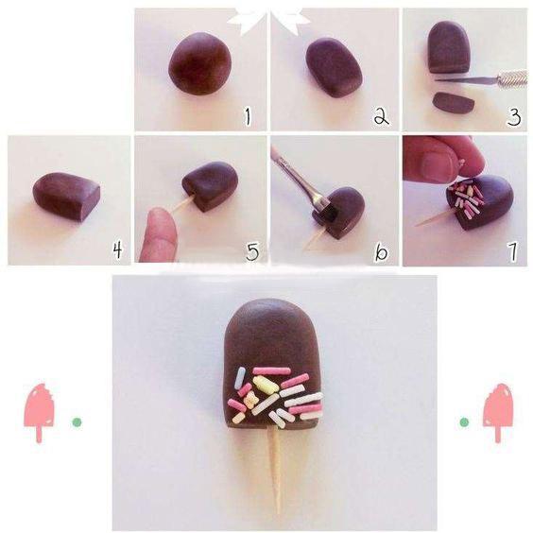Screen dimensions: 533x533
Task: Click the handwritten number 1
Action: [248, 116]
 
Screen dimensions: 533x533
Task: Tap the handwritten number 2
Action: [382, 116]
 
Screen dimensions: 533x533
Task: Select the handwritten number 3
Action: [513, 117]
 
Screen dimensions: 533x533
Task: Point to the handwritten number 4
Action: [117, 250]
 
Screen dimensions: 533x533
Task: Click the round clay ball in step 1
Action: [200, 63]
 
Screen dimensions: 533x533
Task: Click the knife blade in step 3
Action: [467, 80]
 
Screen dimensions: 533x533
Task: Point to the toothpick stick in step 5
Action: [183, 205]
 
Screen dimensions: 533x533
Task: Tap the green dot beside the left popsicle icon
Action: [77, 422]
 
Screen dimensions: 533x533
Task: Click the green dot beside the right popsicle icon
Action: [464, 422]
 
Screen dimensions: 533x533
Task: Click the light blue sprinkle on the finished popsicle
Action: [240, 376]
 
